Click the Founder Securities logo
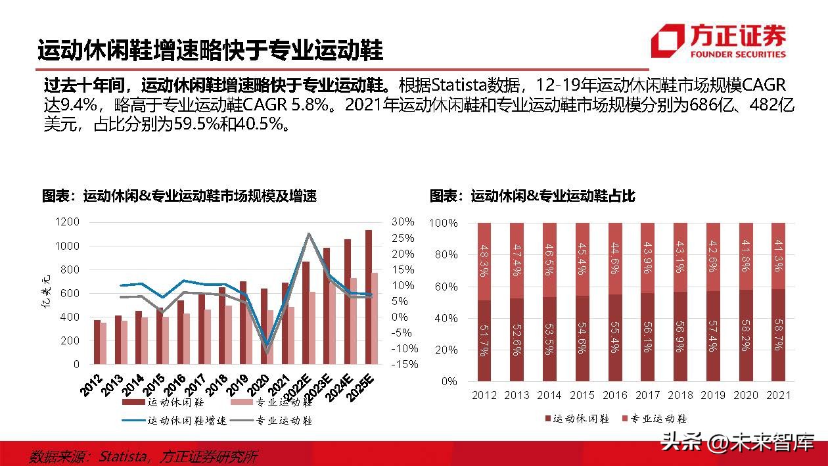(718, 41)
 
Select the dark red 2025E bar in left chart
(369, 297)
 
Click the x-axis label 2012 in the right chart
(484, 395)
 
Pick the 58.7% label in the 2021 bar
(779, 335)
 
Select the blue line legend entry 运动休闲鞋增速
(174, 421)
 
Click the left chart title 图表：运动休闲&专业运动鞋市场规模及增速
(179, 196)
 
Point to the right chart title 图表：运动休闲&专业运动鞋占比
(533, 196)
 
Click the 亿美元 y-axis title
(48, 294)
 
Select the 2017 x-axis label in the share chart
(648, 395)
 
